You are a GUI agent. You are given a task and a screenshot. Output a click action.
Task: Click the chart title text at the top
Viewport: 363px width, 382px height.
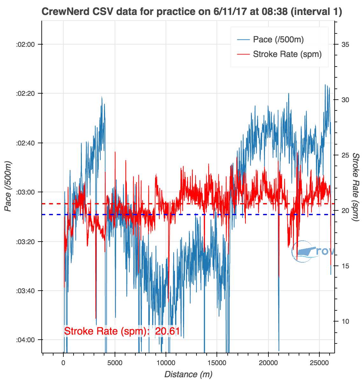(x=192, y=12)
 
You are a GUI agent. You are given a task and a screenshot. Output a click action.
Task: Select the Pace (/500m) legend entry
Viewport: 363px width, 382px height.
(x=278, y=39)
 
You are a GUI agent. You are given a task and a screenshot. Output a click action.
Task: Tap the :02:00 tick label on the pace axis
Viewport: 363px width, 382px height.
(x=25, y=44)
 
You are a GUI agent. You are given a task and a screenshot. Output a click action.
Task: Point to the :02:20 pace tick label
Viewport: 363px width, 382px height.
(x=25, y=94)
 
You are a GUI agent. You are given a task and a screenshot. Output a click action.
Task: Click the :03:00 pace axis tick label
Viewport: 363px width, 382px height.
(x=25, y=192)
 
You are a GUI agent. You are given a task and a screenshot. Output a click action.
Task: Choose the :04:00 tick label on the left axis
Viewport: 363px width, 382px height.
(x=25, y=340)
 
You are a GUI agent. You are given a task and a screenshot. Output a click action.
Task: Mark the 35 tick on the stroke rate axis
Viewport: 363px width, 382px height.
(x=345, y=44)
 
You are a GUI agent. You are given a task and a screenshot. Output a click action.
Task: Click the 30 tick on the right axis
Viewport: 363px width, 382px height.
(x=345, y=100)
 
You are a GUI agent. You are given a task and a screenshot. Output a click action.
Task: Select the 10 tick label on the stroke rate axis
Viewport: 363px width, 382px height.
(x=345, y=321)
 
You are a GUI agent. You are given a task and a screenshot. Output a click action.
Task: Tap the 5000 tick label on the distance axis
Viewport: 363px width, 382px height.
(x=115, y=363)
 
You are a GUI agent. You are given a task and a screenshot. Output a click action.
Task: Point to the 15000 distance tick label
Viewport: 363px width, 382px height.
(x=217, y=363)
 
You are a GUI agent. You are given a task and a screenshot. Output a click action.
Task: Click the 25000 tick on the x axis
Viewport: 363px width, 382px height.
(x=319, y=363)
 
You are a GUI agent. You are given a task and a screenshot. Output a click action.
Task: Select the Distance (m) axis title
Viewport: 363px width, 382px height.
(x=188, y=374)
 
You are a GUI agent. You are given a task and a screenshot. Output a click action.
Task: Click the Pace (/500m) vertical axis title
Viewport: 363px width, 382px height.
(x=9, y=187)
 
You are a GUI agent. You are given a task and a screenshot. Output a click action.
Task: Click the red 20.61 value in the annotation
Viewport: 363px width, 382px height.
(x=167, y=331)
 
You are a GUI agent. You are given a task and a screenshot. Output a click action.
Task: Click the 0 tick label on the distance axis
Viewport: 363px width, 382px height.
(x=64, y=363)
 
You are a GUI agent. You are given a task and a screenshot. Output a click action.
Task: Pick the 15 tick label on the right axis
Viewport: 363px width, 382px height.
(x=345, y=266)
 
